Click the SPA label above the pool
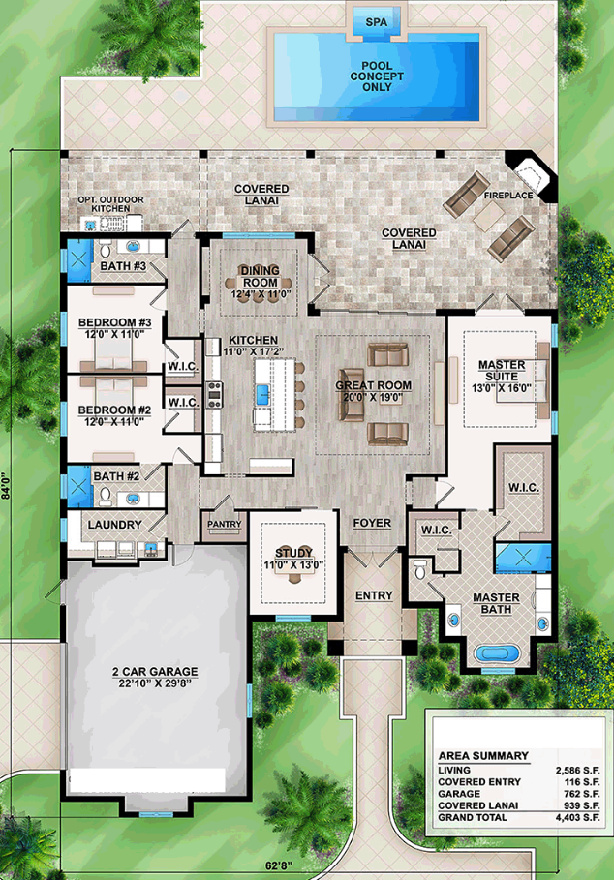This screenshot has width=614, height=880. (x=377, y=22)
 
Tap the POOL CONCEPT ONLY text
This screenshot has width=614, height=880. (x=377, y=76)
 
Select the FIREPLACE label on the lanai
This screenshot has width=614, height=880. (x=508, y=196)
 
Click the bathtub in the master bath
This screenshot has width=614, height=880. (x=495, y=653)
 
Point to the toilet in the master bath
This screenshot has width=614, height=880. (x=420, y=569)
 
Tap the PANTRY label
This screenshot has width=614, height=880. (x=224, y=524)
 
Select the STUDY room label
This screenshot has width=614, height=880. (x=293, y=553)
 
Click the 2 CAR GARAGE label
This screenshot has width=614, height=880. (x=155, y=671)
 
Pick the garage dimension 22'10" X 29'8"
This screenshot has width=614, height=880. (x=155, y=683)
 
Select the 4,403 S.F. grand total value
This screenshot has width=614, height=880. (x=577, y=818)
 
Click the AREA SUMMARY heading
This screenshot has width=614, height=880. (x=483, y=756)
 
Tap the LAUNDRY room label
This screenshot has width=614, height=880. (x=114, y=524)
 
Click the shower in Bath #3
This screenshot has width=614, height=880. (x=79, y=261)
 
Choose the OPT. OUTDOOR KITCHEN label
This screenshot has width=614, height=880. (x=110, y=204)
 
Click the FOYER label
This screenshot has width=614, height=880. (x=372, y=523)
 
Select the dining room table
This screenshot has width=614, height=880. (x=260, y=282)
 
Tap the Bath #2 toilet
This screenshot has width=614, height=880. (x=105, y=496)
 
